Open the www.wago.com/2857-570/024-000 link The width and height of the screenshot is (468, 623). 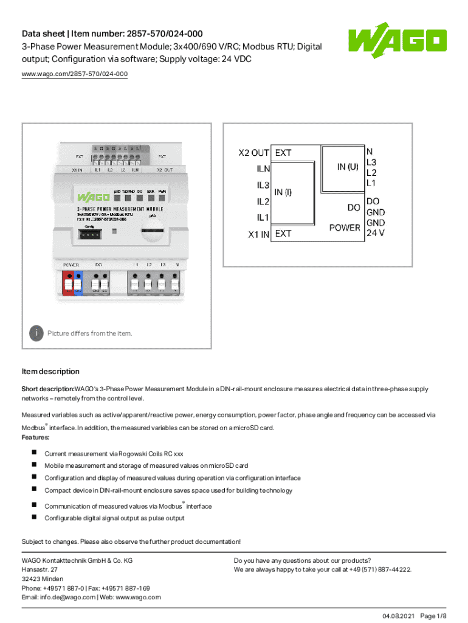pyautogui.click(x=75, y=74)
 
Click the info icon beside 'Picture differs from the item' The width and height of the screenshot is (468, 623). pyautogui.click(x=37, y=333)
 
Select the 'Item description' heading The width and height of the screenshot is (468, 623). pyautogui.click(x=50, y=371)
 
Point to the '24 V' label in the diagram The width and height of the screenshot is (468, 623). pyautogui.click(x=375, y=232)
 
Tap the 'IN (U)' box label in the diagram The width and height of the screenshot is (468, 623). pyautogui.click(x=348, y=165)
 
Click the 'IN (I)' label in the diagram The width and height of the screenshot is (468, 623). pyautogui.click(x=283, y=192)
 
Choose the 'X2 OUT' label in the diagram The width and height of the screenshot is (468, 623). pyautogui.click(x=254, y=153)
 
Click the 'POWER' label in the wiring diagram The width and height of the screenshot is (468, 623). pyautogui.click(x=345, y=228)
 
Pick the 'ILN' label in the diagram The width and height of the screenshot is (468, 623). pyautogui.click(x=263, y=169)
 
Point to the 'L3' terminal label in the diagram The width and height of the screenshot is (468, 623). pyautogui.click(x=371, y=162)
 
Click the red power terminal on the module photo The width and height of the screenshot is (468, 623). pyautogui.click(x=68, y=284)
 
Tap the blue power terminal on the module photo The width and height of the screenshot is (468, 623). pyautogui.click(x=78, y=284)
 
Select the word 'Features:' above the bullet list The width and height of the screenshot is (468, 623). pyautogui.click(x=36, y=437)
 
